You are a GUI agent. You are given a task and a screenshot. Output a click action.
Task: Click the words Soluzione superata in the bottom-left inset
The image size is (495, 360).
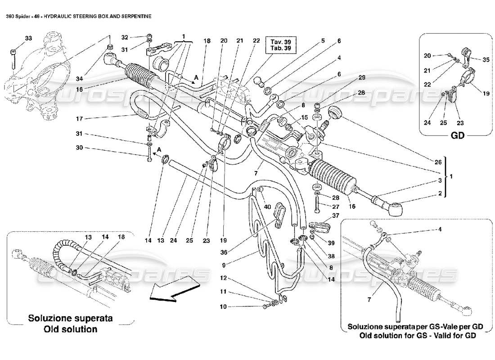[71, 318]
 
